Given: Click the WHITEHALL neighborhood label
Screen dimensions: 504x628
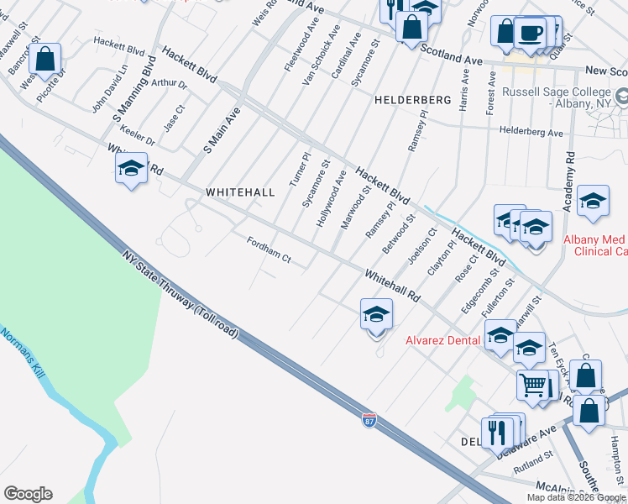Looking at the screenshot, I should pyautogui.click(x=240, y=192).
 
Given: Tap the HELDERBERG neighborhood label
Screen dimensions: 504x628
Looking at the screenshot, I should pyautogui.click(x=412, y=100).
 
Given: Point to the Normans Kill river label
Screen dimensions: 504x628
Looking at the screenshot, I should pyautogui.click(x=19, y=352).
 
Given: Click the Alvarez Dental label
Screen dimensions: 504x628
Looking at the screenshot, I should pyautogui.click(x=442, y=340).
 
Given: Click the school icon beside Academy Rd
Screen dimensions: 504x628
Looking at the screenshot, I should pyautogui.click(x=593, y=201).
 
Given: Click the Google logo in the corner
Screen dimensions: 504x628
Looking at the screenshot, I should pyautogui.click(x=28, y=494).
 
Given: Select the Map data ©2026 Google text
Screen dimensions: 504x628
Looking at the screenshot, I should pyautogui.click(x=577, y=497).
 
